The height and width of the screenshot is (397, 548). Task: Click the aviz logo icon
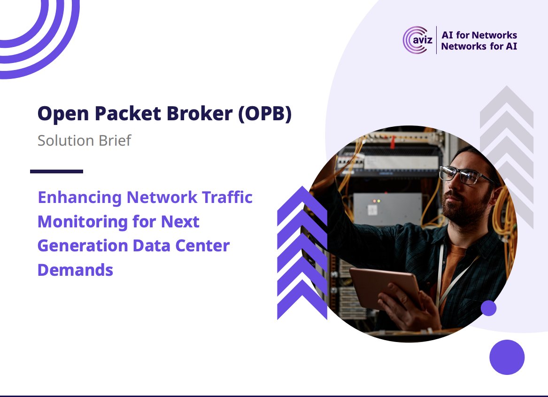415,40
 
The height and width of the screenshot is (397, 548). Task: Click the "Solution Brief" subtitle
84,140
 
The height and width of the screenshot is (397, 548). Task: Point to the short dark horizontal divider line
56,171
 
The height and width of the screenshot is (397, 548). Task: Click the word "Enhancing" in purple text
80,197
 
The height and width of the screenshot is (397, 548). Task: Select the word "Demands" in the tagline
75,270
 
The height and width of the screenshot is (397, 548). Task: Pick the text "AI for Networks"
479,35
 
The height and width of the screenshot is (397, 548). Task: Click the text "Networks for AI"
479,47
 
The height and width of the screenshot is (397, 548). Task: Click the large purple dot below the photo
507,357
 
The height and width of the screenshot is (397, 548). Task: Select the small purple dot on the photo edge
488,308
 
